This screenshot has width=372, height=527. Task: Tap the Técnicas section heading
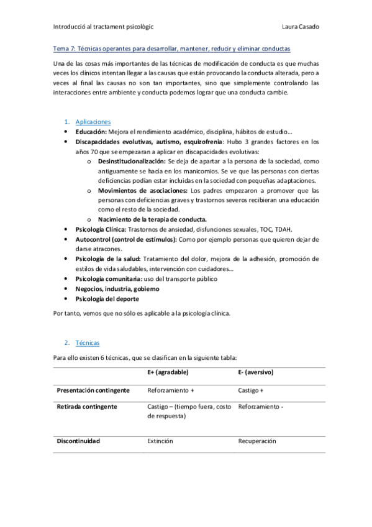coord(87,342)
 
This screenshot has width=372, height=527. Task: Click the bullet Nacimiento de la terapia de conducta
coord(152,219)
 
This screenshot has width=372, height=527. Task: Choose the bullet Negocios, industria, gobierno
coord(117,289)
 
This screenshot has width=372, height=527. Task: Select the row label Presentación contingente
coord(93,390)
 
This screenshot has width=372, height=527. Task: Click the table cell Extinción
coord(160,441)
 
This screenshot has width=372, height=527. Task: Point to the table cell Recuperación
coord(257,441)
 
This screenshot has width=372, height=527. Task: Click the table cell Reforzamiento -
coord(261,407)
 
